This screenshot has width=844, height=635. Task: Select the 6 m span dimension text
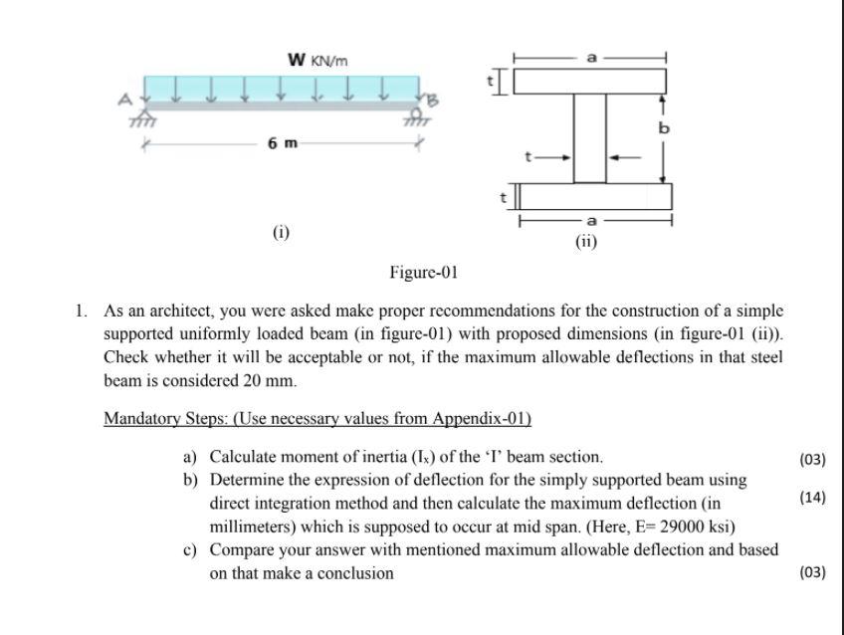click(x=283, y=143)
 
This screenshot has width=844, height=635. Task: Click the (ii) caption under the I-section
click(x=586, y=240)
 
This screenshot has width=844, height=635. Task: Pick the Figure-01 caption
click(x=423, y=272)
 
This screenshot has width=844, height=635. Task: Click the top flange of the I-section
click(x=589, y=81)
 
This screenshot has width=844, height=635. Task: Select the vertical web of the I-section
click(x=589, y=138)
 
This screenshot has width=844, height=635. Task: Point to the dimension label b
click(x=664, y=128)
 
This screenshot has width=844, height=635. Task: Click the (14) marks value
click(x=812, y=498)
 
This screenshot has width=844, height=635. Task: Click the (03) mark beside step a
click(x=812, y=460)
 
